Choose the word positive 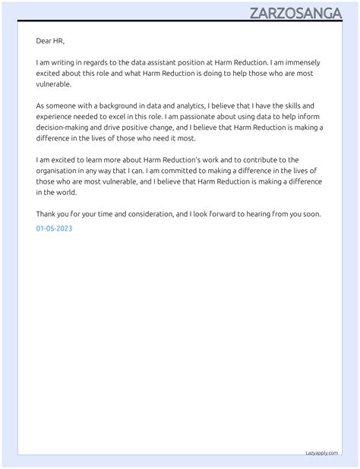[152, 127]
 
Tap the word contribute [261, 160]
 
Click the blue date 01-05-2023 [54, 228]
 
